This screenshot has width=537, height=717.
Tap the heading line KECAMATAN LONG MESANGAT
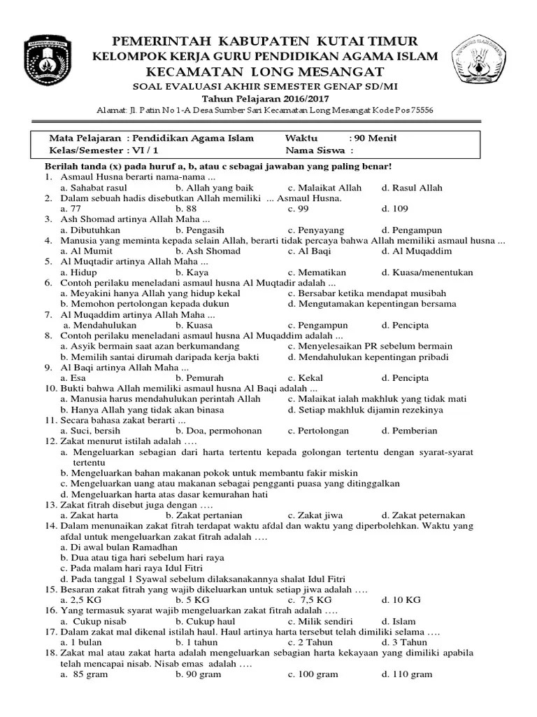pos(268,71)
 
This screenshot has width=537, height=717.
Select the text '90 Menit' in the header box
pos(376,138)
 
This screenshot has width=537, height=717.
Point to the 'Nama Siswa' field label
pos(315,151)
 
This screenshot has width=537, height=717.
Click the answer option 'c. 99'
pos(299,209)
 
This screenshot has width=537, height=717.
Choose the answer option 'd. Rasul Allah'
pos(412,188)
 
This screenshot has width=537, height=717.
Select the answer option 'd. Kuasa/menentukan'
pos(427,272)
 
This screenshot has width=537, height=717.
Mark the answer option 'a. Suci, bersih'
pos(90,431)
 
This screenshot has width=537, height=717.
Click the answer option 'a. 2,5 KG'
pos(80,600)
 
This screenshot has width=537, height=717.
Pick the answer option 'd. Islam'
pos(399,621)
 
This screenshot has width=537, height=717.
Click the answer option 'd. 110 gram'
pos(407,674)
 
